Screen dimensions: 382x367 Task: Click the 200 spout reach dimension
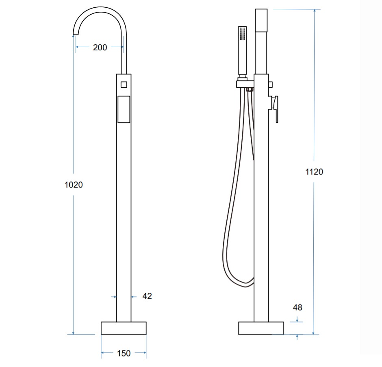point(100,47)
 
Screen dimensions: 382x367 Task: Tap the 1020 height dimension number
point(74,185)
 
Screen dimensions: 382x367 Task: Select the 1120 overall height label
point(314,172)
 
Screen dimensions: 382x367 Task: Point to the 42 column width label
point(147,296)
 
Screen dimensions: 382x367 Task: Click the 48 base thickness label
point(297,307)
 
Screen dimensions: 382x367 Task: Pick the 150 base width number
point(124,353)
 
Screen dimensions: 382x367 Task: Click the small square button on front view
point(124,84)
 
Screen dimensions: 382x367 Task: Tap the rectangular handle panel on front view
point(124,109)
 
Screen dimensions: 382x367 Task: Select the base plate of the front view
point(124,328)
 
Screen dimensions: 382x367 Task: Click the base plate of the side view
point(261,328)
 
